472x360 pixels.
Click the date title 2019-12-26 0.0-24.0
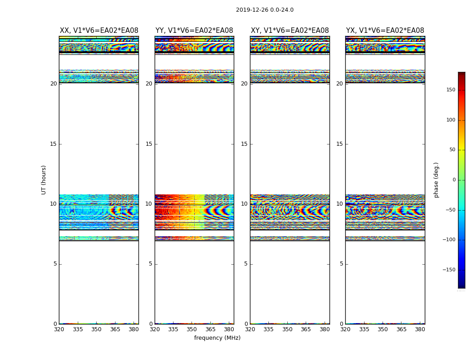pos(264,10)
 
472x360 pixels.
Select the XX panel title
pos(99,31)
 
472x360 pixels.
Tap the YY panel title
pos(194,31)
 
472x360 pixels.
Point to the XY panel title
pos(289,31)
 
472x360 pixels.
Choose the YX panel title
pos(385,31)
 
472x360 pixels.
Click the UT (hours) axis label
pos(44,180)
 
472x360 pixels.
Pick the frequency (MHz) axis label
pos(217,338)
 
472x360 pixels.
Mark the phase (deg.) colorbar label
pos(436,180)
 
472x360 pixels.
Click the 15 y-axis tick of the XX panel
pos(53,144)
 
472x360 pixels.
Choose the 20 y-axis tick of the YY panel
pos(149,84)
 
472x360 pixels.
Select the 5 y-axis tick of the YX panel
pos(341,264)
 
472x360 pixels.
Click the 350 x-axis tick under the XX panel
pos(96,329)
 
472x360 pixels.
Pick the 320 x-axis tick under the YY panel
pos(155,329)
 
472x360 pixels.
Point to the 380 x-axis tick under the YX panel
pos(420,329)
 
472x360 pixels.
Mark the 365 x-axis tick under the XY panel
pos(306,329)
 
